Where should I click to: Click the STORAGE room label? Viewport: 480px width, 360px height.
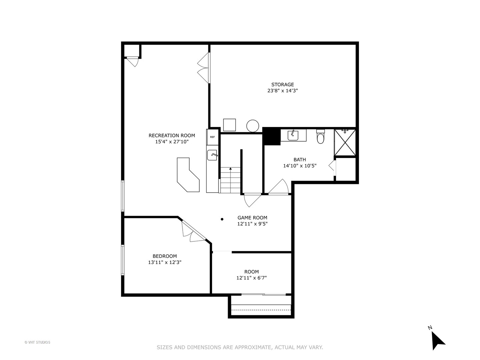[x=282, y=85]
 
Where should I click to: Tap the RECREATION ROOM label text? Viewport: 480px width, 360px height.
[x=172, y=135]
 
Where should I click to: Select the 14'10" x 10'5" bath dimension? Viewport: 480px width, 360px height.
[x=300, y=166]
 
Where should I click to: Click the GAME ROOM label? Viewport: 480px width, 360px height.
[x=252, y=218]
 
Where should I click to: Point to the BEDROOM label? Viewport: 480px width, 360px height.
[x=165, y=256]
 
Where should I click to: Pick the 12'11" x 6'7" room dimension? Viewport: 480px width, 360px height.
[x=252, y=278]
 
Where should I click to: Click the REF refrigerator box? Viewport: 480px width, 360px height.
[x=212, y=137]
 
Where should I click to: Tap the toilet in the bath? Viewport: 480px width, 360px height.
[x=320, y=137]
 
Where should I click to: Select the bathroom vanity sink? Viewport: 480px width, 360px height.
[x=293, y=135]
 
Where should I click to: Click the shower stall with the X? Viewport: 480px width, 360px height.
[x=345, y=143]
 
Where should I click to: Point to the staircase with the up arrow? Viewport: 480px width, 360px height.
[x=230, y=180]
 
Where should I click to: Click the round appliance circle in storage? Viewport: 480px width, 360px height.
[x=253, y=126]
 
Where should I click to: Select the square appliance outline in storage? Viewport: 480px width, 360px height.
[x=229, y=125]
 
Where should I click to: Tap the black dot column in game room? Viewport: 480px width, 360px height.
[x=222, y=219]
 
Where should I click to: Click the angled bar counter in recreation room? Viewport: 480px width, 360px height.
[x=188, y=175]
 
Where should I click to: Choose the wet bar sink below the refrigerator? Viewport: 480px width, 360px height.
[x=212, y=155]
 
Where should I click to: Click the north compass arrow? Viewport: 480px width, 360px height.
[x=438, y=340]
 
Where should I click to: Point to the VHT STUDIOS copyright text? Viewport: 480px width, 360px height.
[x=37, y=342]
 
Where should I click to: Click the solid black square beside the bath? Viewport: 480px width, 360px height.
[x=272, y=136]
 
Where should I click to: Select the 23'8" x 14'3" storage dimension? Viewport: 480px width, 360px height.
[x=282, y=91]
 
